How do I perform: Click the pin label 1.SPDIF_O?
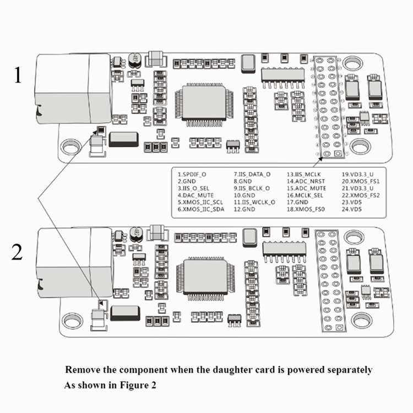[192, 175]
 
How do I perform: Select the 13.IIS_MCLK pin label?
[303, 175]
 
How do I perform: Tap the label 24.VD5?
[352, 209]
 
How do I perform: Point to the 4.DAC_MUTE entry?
[195, 195]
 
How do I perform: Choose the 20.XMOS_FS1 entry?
[361, 182]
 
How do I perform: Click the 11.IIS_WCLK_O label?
[254, 202]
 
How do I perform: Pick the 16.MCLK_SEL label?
[305, 195]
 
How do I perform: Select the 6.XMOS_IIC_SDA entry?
[200, 209]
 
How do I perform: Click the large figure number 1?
[18, 75]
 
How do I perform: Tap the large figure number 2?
[17, 252]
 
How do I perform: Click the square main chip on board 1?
[204, 102]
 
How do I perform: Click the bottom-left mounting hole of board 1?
[70, 146]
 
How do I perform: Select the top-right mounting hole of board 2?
[354, 237]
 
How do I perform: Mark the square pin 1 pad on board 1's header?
[338, 154]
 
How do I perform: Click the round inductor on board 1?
[135, 60]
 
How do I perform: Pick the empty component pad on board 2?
[102, 305]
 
